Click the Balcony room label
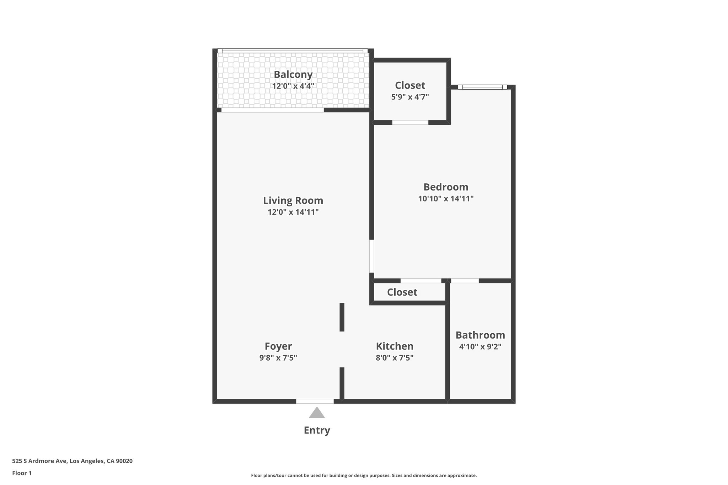293,75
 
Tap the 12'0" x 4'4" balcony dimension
293,86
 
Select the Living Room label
293,201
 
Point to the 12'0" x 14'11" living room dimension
293,212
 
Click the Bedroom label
446,187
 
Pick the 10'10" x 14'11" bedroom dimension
446,199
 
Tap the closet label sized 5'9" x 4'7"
410,86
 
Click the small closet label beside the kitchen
402,292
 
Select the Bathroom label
480,335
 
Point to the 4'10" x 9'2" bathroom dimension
480,347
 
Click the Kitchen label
395,346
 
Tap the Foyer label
278,346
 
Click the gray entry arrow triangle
317,413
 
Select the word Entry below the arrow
317,431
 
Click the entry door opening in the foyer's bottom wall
315,402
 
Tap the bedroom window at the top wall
482,87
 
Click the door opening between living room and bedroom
371,256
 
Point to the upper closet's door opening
410,123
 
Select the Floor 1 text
22,473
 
